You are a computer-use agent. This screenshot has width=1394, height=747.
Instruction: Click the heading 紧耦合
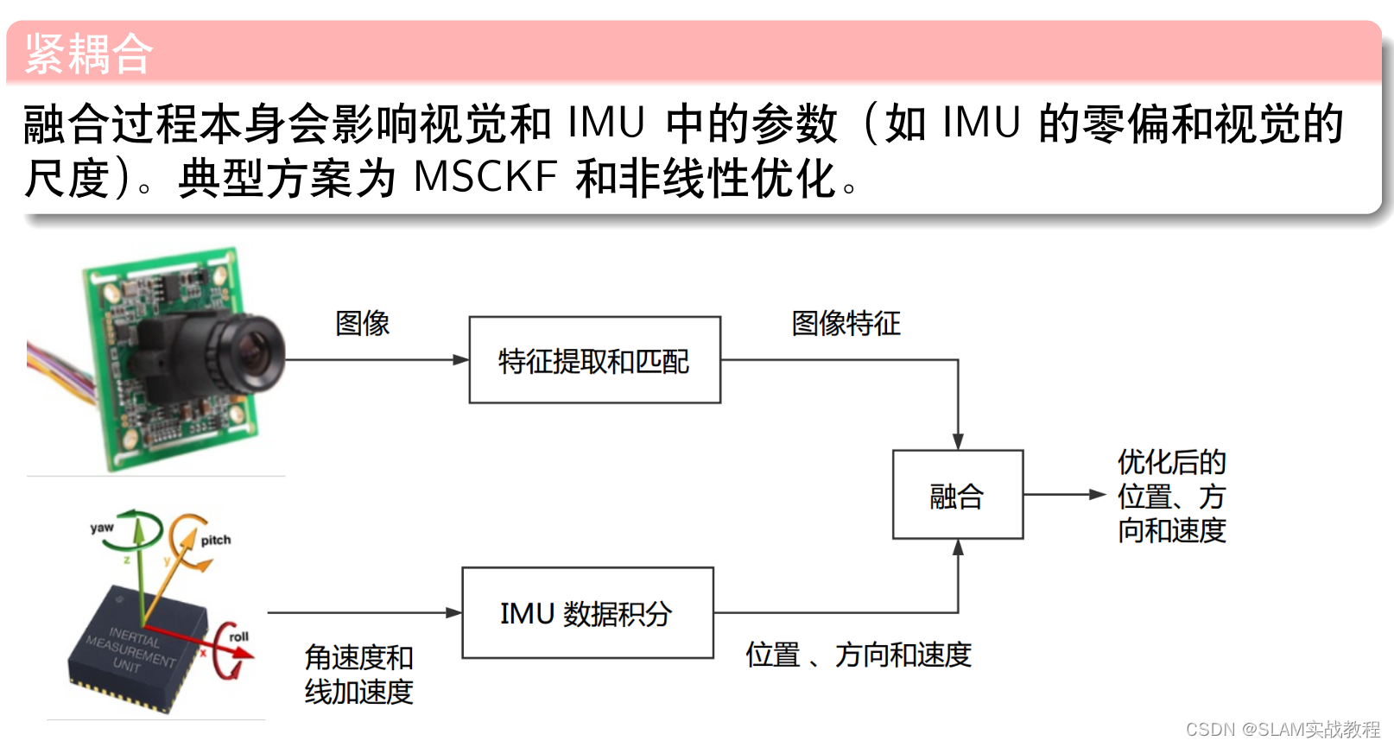89,54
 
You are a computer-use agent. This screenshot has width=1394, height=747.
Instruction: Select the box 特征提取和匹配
594,360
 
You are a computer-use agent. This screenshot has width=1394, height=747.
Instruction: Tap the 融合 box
957,495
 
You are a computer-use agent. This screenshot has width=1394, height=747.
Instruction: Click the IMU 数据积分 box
587,613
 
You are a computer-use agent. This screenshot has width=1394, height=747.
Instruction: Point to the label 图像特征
846,323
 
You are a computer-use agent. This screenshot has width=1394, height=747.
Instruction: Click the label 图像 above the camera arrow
362,323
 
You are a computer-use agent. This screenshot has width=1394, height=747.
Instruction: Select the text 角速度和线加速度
358,674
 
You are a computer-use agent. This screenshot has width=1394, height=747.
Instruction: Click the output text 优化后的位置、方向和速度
1171,496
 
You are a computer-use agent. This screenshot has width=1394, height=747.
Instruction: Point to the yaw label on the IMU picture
102,528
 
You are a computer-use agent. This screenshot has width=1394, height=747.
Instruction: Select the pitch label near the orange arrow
216,540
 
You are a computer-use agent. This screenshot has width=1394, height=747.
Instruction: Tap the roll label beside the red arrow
238,636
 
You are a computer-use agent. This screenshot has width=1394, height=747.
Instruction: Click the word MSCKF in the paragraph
485,177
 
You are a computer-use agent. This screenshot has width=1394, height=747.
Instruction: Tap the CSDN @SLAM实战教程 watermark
1283,730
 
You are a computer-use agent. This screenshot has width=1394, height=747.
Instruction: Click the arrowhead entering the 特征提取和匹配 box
460,360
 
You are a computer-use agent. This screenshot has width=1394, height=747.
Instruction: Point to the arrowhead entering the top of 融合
958,441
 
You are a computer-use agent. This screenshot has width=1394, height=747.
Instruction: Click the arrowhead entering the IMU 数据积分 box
453,613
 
